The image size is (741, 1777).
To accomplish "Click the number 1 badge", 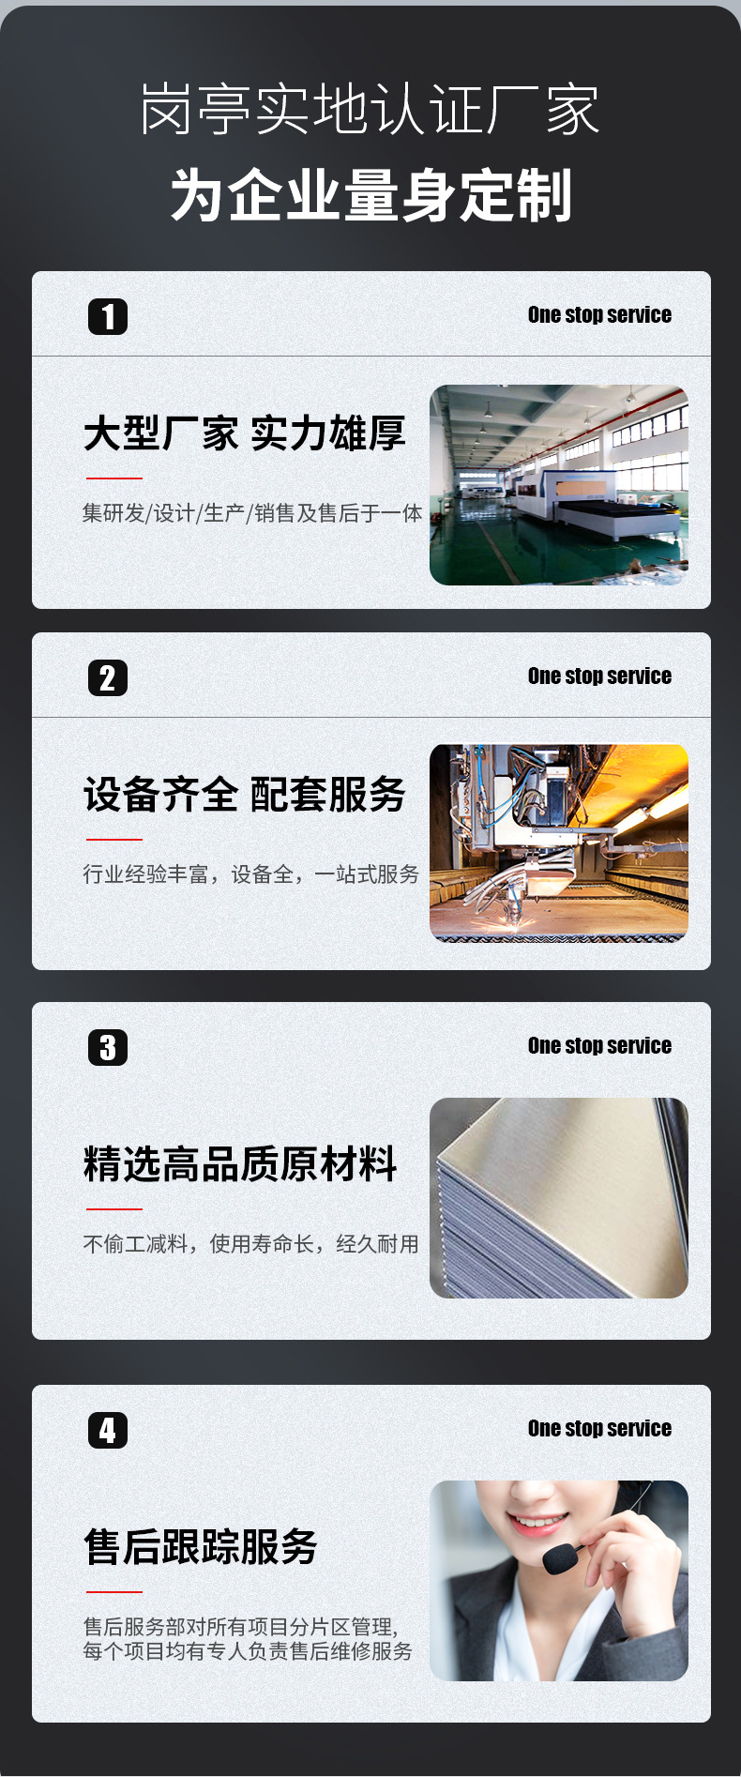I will (108, 317).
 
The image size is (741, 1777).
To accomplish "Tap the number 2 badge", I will (108, 678).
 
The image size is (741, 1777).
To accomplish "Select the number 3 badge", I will (108, 1048).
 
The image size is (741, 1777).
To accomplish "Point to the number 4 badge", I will (108, 1431).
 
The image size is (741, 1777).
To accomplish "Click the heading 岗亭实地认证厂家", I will (370, 110).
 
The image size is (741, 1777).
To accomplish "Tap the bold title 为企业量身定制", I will (371, 196).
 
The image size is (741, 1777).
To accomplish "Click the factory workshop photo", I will (559, 485).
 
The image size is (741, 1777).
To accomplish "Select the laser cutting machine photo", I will (559, 843).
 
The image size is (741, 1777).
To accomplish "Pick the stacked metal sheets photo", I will (559, 1198).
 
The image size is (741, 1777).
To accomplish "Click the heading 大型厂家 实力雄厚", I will (244, 433).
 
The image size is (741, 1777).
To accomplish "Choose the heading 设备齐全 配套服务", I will (244, 795).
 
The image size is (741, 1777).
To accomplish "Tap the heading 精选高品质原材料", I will (240, 1164).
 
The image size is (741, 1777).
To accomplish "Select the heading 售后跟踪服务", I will (201, 1547).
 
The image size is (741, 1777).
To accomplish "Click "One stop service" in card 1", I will (599, 315).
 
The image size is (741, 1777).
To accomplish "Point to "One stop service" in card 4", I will (599, 1429).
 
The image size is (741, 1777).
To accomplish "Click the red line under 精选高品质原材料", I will (113, 1209).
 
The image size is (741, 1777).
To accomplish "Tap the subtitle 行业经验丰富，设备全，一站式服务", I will (250, 874).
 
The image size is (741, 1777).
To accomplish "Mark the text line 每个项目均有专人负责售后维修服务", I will (248, 1651).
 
